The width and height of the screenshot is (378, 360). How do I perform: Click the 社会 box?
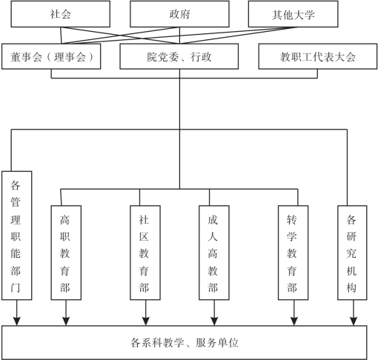pos(61,14)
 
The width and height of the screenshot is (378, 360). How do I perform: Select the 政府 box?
pos(179,14)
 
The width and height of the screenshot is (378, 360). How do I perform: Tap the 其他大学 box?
pos(293,14)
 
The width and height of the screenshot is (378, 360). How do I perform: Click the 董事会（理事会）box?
pos(51,56)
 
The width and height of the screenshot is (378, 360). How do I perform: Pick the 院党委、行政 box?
pos(179,56)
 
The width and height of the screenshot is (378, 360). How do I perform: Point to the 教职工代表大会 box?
pos(318,56)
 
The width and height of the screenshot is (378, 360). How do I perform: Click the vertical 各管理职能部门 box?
pos(17,236)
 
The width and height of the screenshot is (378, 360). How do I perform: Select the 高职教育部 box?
pos(66,253)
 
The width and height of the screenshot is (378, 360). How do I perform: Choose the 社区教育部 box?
pos(145,253)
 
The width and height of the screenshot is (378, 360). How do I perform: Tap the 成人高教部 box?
pos(214,253)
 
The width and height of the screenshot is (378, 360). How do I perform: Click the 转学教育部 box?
pos(294,253)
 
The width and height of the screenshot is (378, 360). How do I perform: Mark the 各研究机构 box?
pos(352,253)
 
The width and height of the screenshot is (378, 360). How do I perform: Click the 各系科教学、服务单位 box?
pos(185,343)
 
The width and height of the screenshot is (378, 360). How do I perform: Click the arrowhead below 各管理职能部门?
pos(17,321)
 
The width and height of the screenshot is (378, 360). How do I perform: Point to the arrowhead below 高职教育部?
pos(66,321)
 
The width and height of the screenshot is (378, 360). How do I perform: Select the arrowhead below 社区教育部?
pos(146,321)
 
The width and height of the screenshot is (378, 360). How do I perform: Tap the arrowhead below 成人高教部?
pos(214,321)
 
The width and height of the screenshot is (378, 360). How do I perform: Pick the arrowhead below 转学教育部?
pos(294,321)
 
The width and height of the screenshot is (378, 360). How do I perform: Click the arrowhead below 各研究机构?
pos(354,321)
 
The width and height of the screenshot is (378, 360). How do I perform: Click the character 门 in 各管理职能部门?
pos(16,287)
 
